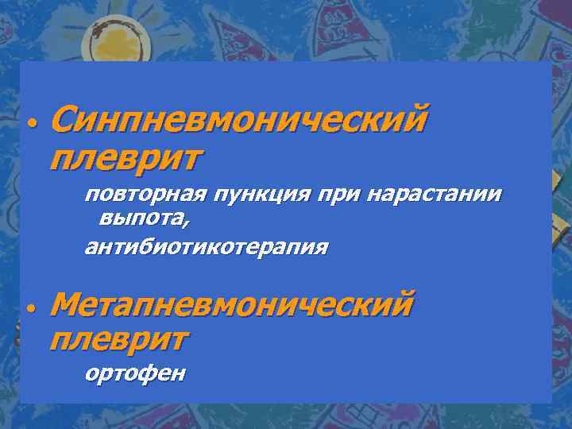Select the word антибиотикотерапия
(x=206, y=247)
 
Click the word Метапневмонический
(x=231, y=304)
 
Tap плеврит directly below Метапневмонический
(x=118, y=339)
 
